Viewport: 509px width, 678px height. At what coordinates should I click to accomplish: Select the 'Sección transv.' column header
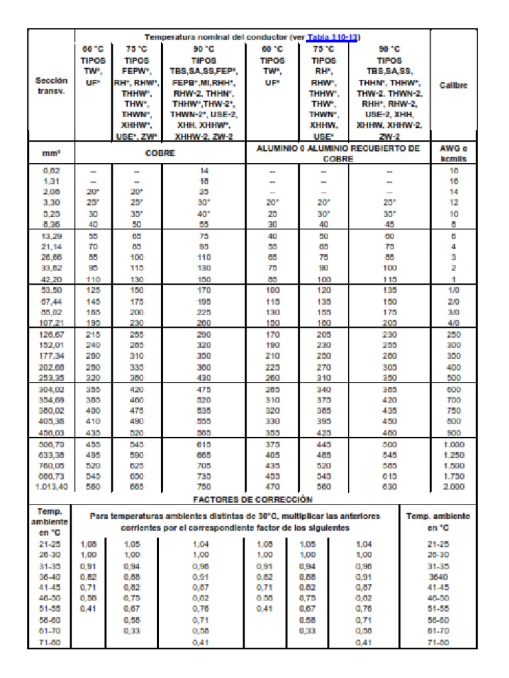coord(51,86)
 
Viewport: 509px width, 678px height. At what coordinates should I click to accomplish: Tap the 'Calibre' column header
coord(454,85)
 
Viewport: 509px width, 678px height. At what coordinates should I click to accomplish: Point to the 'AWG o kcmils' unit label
coord(454,154)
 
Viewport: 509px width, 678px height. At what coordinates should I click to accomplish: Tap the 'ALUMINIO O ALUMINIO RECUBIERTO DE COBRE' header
coord(338,154)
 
